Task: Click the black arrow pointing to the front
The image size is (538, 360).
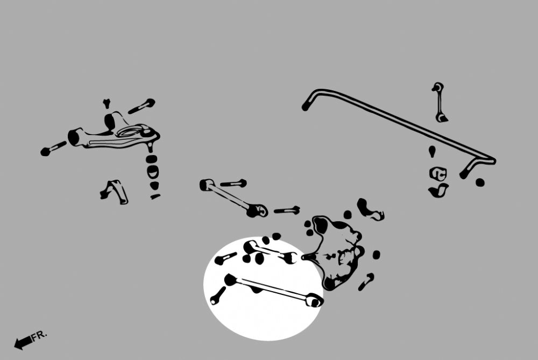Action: [x=23, y=343]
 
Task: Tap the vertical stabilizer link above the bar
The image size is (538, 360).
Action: [x=439, y=102]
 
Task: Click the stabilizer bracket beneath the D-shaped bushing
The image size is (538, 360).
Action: [x=438, y=190]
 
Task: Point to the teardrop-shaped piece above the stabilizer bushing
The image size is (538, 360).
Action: [x=432, y=151]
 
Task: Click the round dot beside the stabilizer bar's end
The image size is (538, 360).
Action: [x=480, y=182]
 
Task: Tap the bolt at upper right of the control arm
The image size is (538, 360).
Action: [x=141, y=106]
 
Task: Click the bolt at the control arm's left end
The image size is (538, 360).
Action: [x=53, y=149]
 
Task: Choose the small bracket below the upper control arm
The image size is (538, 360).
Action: [x=114, y=192]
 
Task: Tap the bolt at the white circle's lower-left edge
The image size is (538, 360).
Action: [x=218, y=296]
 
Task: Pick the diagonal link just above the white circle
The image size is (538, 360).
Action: [x=233, y=197]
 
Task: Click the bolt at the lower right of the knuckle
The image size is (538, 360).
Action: [x=366, y=282]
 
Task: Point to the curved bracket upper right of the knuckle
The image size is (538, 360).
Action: [x=370, y=209]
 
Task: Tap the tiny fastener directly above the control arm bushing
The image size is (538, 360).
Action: [x=107, y=103]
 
